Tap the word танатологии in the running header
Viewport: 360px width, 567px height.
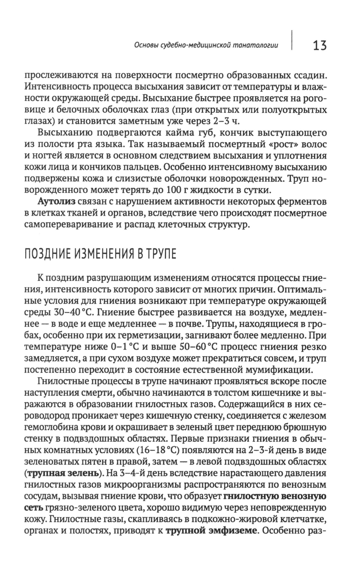[261, 46]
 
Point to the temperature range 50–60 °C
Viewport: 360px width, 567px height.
[197, 347]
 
